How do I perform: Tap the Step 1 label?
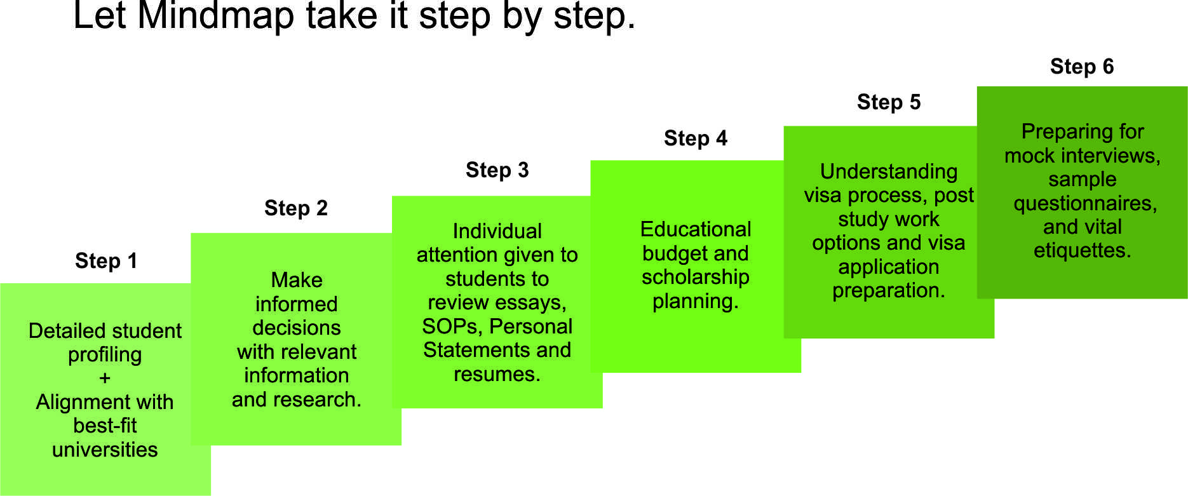pos(106,260)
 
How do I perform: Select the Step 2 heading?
pos(296,208)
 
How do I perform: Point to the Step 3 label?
pos(497,170)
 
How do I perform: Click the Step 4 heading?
pos(696,138)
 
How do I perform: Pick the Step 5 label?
pos(889,102)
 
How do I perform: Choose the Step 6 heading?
pos(1082,66)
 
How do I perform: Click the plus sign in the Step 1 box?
pos(105,379)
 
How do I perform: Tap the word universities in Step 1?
pos(105,450)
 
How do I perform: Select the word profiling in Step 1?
pos(105,355)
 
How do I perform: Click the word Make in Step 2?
pos(297,280)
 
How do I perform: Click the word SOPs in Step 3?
pos(450,326)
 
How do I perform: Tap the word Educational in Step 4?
pos(696,229)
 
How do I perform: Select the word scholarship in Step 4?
pos(696,278)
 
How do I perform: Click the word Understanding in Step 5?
pos(889,171)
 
